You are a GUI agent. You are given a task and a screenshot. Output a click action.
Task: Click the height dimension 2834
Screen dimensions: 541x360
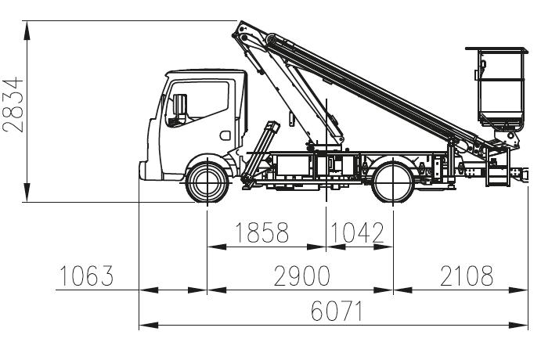pos(13,105)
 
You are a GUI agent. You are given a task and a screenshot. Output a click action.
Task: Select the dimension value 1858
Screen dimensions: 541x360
pos(261,232)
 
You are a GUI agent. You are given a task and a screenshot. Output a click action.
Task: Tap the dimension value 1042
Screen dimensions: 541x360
pos(357,232)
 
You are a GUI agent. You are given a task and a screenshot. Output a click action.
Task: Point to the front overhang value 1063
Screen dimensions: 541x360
pos(86,275)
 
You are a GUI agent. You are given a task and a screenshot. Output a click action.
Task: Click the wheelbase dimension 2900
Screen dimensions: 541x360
pos(302,275)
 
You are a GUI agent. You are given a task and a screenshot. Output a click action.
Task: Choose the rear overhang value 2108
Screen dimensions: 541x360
pos(467,275)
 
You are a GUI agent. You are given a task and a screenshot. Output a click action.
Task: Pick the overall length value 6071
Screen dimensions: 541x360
pos(337,311)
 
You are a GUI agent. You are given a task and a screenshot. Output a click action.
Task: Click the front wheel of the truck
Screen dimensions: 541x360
pos(207,182)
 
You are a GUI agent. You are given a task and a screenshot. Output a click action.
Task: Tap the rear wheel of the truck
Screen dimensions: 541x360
pos(393,182)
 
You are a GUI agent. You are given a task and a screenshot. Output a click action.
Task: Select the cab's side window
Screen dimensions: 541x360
pos(197,104)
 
